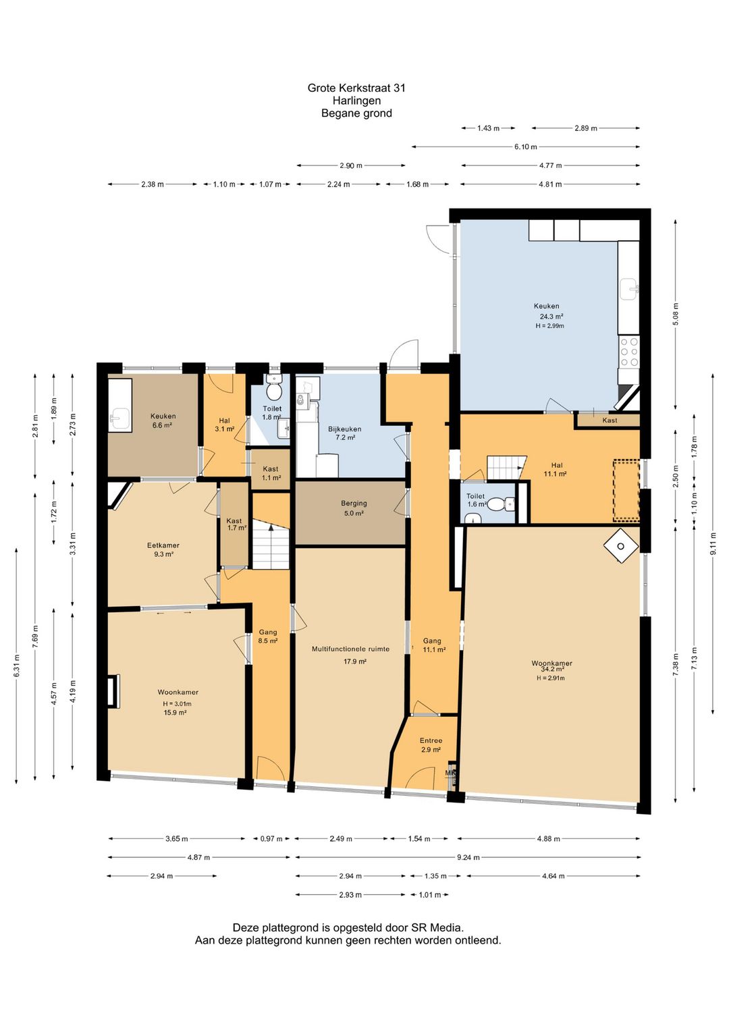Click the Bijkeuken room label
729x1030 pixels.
[x=344, y=429]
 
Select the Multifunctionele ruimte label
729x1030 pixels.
[x=350, y=649]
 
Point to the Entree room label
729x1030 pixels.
[x=431, y=740]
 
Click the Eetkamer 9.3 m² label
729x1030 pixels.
[x=163, y=549]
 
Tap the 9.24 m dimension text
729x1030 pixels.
[x=468, y=857]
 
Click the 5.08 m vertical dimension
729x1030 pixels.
[x=675, y=314]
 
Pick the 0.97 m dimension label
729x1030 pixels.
[x=271, y=838]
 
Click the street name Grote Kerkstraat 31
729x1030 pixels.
[x=356, y=88]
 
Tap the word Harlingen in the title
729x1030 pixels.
[x=356, y=101]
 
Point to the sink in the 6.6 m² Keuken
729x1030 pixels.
[x=119, y=418]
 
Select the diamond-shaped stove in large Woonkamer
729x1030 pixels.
[x=621, y=546]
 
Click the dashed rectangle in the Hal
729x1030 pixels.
[x=626, y=490]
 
